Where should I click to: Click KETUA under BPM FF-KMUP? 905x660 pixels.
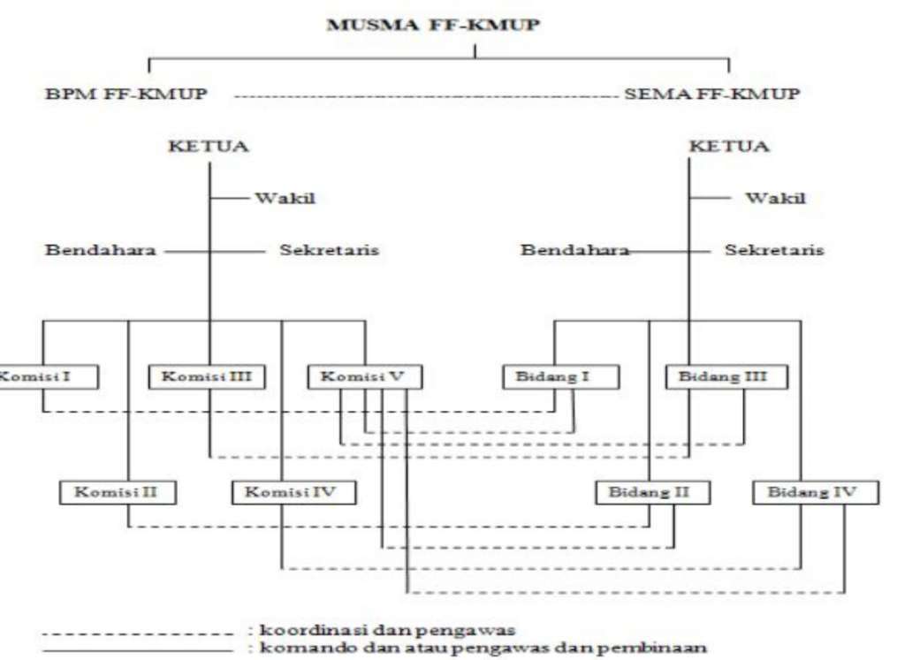click(209, 146)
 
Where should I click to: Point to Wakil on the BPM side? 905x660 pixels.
click(285, 197)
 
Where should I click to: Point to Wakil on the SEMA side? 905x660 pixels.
click(774, 197)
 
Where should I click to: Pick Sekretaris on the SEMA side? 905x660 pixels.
click(774, 250)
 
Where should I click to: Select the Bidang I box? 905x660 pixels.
click(560, 377)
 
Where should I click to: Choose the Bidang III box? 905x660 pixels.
click(727, 377)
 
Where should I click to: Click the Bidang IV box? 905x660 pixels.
click(817, 492)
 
